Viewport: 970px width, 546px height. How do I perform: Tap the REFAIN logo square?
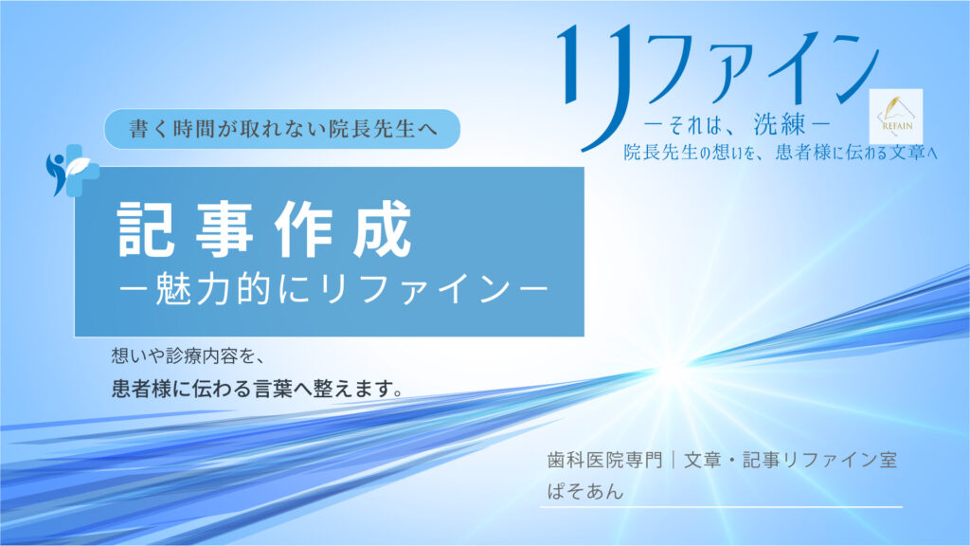click(x=895, y=116)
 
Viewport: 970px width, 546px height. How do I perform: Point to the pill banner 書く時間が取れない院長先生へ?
click(x=281, y=129)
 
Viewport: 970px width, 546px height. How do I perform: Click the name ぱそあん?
click(x=582, y=493)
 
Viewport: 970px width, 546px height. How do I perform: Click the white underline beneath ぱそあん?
click(x=720, y=508)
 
